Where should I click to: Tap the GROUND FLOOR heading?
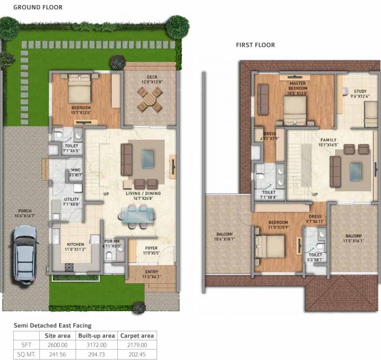pos(38,7)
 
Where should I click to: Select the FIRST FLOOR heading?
pos(255,45)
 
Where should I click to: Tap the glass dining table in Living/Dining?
pos(136,215)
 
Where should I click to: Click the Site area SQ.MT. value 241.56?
pos(57,354)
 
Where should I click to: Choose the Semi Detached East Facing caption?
pos(53,325)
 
